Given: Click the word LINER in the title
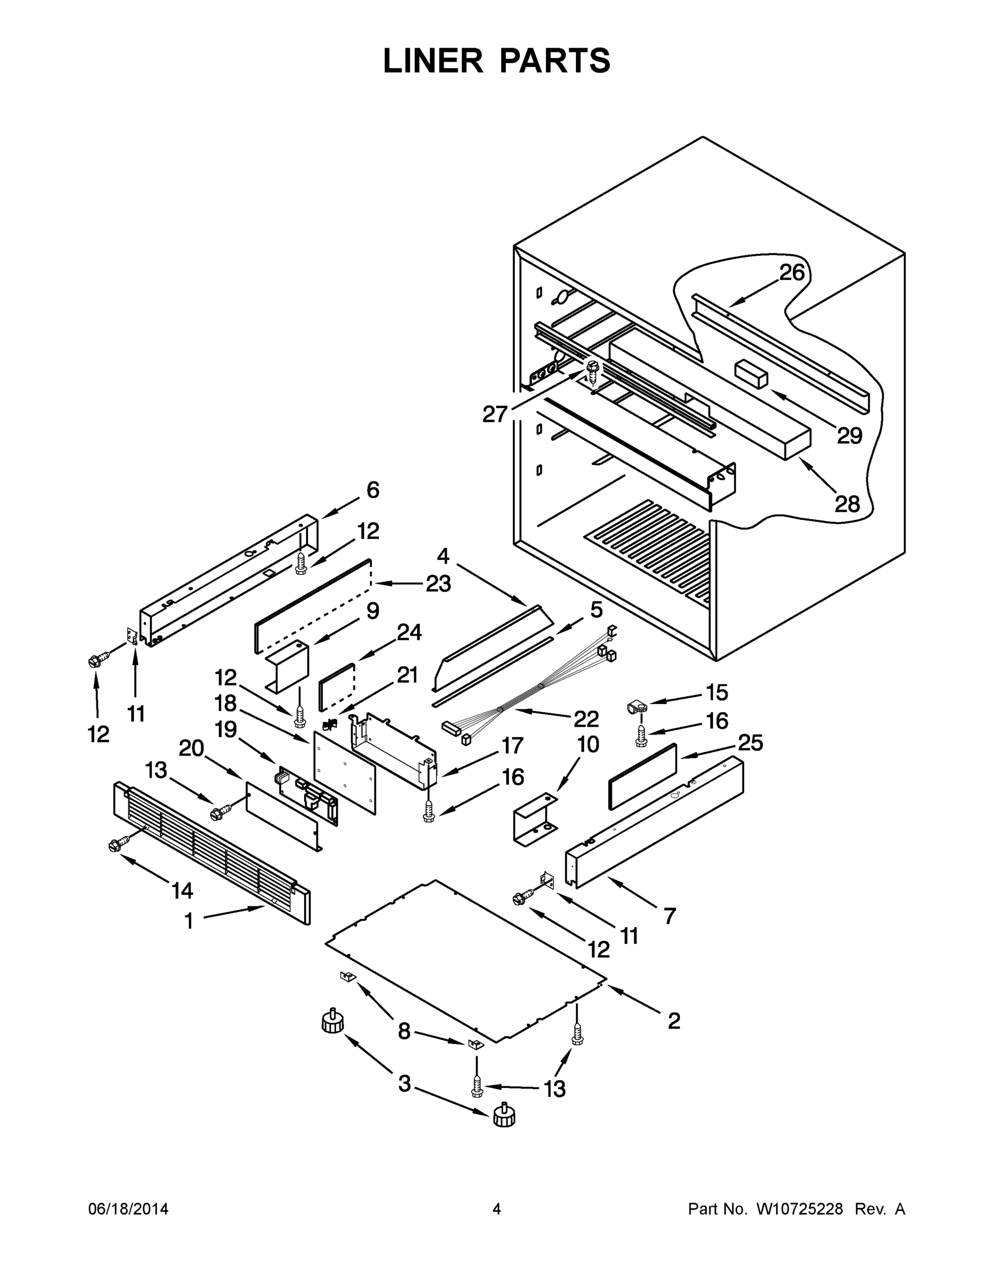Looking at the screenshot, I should (433, 61).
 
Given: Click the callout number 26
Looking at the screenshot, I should (792, 273).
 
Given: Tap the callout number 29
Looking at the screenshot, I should (849, 436).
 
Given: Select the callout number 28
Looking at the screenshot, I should (847, 504).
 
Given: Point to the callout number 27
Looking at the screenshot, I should (495, 414).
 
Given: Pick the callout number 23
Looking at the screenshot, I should (438, 584).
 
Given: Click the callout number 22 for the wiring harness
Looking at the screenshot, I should (586, 719).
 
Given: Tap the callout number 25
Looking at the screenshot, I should (751, 743).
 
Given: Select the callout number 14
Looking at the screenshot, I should (183, 891).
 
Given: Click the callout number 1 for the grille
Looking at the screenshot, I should (189, 921).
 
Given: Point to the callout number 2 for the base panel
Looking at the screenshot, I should (674, 1020).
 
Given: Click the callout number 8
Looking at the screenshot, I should (404, 1031).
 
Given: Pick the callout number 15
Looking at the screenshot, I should (717, 692).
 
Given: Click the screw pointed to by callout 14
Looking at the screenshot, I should (115, 845).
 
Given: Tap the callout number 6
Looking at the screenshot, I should (373, 489).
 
